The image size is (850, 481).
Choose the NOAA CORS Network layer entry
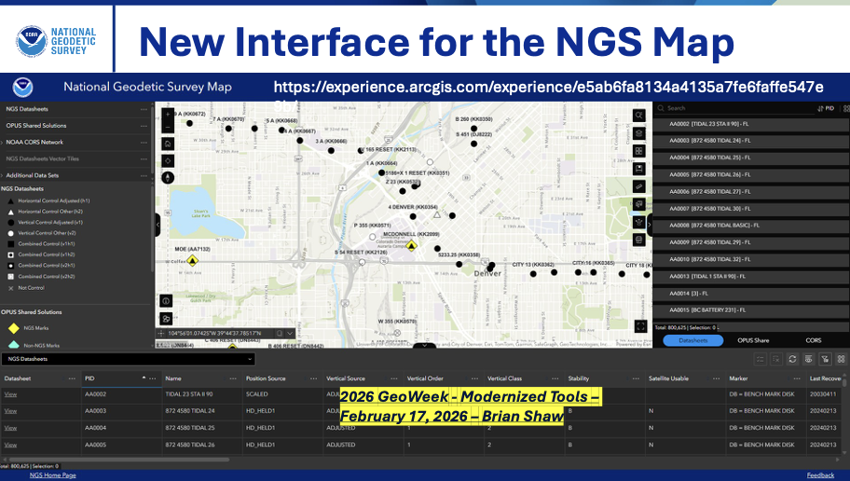point(34,142)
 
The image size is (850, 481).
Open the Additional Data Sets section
point(34,175)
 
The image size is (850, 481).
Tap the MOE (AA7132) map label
point(192,250)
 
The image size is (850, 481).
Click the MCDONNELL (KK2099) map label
point(411,234)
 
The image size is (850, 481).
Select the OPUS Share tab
point(753,340)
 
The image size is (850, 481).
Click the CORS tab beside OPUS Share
point(813,340)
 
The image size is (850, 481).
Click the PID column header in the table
point(89,378)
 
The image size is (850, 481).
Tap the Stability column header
point(579,378)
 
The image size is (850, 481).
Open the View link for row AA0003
point(10,411)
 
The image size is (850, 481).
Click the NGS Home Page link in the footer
point(53,474)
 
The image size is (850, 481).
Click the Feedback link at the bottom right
point(820,474)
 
